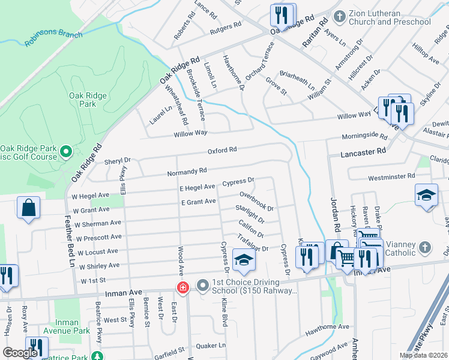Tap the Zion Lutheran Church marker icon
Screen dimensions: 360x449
[339, 16]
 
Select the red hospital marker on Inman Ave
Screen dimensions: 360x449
[181, 289]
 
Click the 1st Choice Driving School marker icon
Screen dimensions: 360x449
[202, 286]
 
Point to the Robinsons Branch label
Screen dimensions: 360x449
[53, 38]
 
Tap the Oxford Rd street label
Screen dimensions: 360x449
[222, 150]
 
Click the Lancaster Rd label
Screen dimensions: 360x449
[363, 153]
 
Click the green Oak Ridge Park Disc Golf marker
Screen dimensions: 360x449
[67, 152]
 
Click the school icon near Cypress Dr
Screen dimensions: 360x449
[244, 259]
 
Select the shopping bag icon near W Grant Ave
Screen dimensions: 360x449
[28, 208]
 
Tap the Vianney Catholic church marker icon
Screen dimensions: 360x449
[424, 247]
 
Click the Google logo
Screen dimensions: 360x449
[20, 353]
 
